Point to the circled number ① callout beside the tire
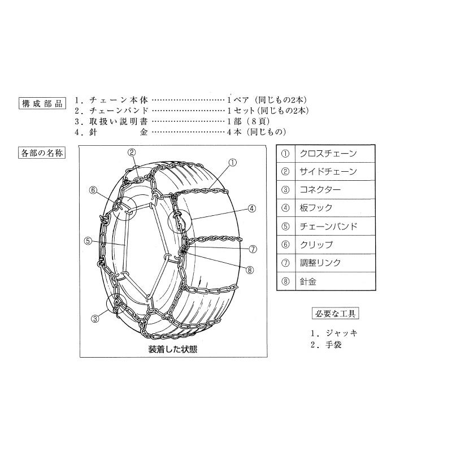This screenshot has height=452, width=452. click(x=232, y=162)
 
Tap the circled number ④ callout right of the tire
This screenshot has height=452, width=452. click(x=252, y=208)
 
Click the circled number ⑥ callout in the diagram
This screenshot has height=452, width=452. click(x=94, y=190)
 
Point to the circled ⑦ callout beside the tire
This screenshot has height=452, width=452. click(x=253, y=249)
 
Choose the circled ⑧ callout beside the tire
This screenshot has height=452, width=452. click(x=250, y=268)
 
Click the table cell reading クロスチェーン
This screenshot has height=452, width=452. click(x=327, y=153)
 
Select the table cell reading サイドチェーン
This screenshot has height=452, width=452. click(x=327, y=171)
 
